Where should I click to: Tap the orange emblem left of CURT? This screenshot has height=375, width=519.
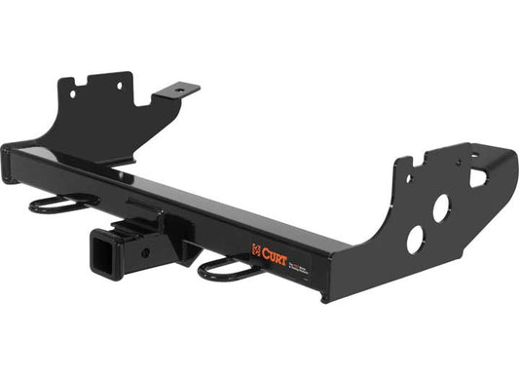(257, 247)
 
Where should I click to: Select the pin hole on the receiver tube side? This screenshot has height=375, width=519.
(146, 250)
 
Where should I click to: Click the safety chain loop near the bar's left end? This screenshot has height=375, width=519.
(61, 203)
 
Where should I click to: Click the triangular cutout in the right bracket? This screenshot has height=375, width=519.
(478, 178)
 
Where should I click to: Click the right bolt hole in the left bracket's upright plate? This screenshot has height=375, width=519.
(119, 86)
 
